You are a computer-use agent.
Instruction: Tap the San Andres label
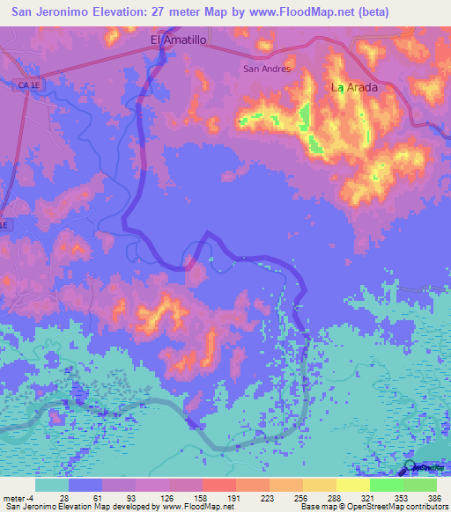coord(267,68)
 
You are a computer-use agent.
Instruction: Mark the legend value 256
coord(302,498)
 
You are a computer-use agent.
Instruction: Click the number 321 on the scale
coord(369,498)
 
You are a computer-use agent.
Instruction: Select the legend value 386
coord(435,498)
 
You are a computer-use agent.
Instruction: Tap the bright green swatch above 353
coord(386,485)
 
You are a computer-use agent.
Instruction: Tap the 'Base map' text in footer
coord(315,508)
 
